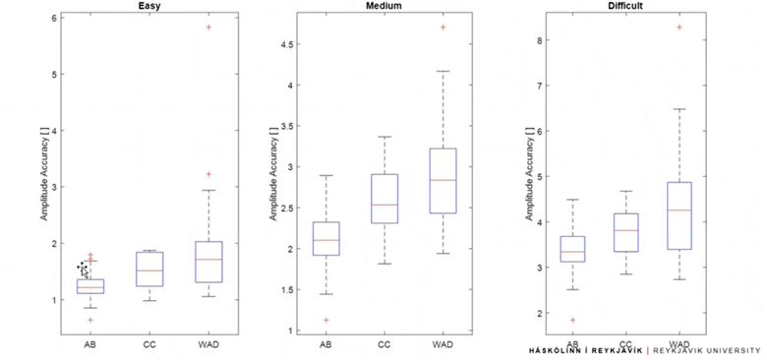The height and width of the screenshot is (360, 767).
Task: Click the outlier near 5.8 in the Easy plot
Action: tap(208, 28)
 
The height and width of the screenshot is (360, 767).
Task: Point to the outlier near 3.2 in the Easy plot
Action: tap(208, 174)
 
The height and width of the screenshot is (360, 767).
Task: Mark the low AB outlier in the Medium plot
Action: tap(325, 320)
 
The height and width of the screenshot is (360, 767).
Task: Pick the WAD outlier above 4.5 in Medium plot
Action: tap(442, 28)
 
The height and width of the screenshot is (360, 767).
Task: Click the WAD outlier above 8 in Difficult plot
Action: tap(679, 28)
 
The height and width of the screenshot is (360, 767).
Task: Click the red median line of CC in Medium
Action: tap(383, 205)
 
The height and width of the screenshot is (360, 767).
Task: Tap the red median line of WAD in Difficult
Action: tap(679, 210)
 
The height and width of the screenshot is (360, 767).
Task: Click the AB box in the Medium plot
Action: tap(325, 238)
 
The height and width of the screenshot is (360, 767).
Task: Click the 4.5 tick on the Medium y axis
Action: tap(294, 44)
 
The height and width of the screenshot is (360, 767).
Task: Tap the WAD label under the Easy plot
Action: tap(208, 344)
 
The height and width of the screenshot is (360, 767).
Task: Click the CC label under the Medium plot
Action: tap(383, 344)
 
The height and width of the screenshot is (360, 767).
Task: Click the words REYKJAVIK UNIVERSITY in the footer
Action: tap(707, 349)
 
